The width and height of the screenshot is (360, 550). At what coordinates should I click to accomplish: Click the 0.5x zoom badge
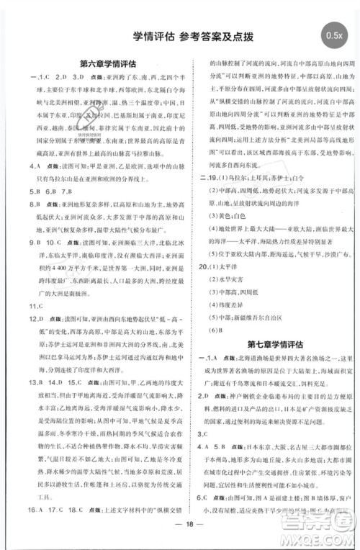point(334,33)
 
